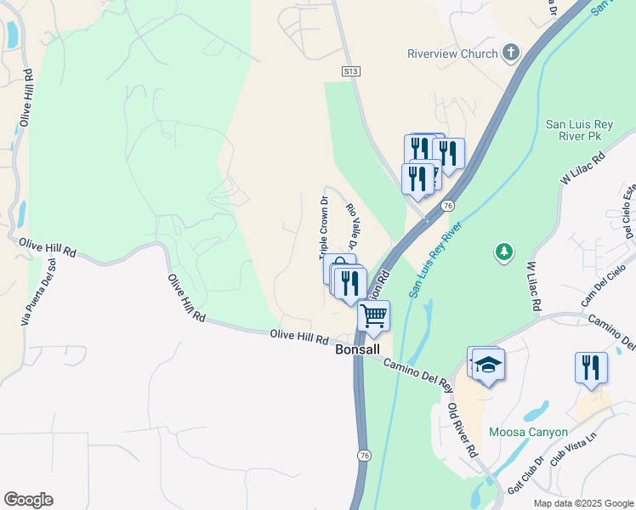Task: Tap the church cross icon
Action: [511, 54]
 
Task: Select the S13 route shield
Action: [350, 72]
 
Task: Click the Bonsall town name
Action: [357, 349]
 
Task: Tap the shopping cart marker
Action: [374, 317]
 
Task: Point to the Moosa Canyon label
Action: [528, 432]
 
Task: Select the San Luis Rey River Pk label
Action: [579, 129]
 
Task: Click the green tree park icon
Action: [504, 252]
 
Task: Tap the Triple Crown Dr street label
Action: [323, 228]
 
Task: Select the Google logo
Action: [28, 500]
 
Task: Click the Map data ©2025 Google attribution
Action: [583, 503]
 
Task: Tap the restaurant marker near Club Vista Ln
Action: [591, 368]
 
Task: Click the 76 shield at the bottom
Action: [364, 456]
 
